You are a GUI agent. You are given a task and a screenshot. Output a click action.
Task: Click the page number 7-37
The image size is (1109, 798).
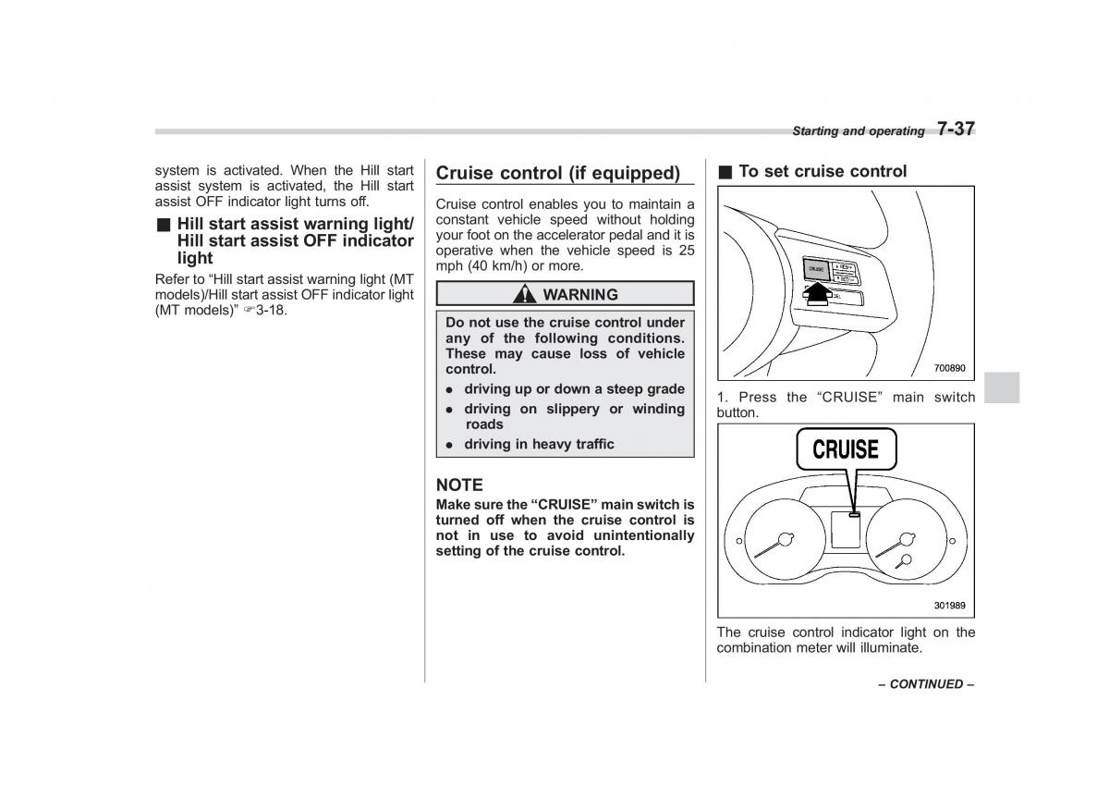956,129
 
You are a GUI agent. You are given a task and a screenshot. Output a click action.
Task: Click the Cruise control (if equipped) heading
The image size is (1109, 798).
557,173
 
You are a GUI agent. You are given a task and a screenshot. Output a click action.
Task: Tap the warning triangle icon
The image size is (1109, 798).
526,294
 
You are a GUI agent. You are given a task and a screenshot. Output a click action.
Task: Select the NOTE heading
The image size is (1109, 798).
459,485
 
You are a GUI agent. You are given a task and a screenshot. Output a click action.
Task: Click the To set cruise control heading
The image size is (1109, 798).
823,171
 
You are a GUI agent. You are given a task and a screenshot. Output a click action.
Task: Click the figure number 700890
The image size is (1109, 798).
949,368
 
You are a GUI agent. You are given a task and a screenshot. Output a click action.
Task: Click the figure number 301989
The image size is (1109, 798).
949,606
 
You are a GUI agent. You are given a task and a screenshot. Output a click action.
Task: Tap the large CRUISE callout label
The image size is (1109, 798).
846,450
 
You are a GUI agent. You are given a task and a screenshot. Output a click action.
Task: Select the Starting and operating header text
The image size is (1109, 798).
858,131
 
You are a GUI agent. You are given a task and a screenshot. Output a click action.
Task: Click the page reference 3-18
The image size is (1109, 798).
274,310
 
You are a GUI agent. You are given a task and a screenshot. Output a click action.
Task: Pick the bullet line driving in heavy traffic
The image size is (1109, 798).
539,444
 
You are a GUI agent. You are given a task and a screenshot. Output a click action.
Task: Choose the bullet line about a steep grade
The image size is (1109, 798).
574,389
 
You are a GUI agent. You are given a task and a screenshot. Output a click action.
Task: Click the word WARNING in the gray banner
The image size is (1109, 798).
580,294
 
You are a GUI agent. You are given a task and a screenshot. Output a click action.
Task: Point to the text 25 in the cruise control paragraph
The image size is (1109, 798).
686,251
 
